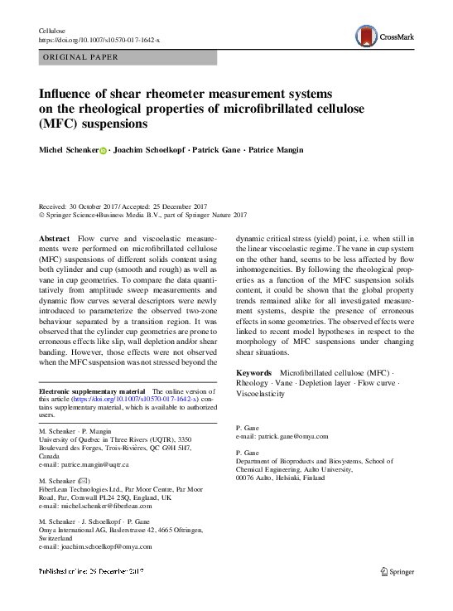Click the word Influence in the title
[73, 94]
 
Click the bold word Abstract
[55, 239]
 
